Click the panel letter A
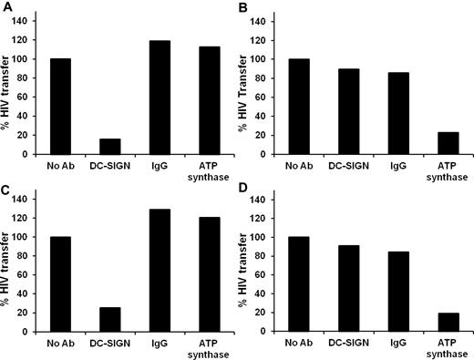[x=6, y=7]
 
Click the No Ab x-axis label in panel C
[x=59, y=343]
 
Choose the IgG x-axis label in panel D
[x=401, y=343]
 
